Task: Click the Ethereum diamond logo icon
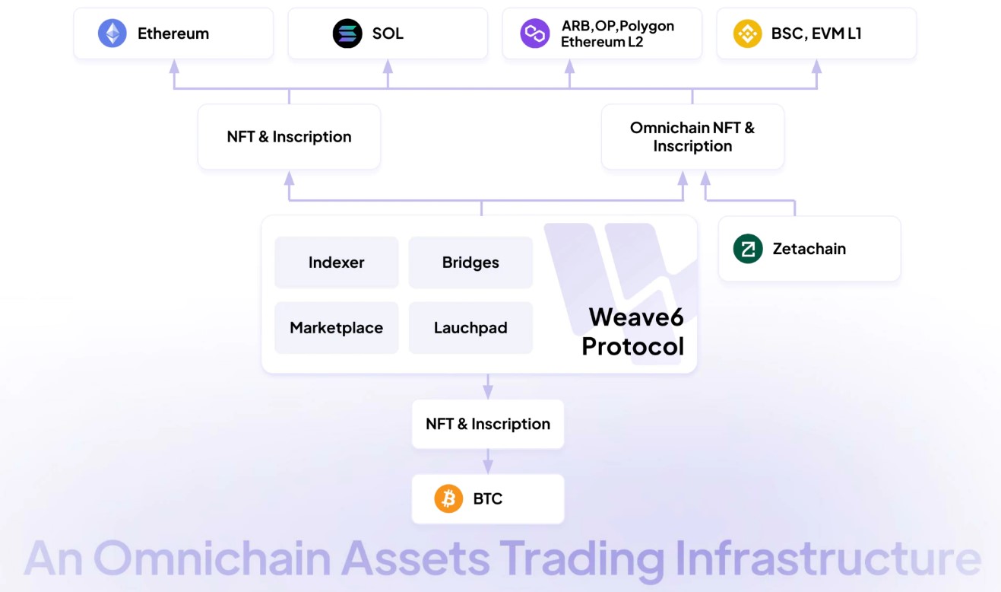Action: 112,33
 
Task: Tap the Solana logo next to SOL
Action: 347,33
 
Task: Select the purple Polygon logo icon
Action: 534,33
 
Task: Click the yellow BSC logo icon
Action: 747,33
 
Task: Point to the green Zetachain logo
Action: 748,249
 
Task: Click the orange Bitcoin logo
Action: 448,499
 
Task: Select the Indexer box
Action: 336,263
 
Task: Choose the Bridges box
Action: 470,263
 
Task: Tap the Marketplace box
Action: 336,328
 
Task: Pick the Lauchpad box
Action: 470,328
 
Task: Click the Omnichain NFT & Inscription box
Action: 692,137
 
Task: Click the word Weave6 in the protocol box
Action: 636,317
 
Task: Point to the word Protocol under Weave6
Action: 632,346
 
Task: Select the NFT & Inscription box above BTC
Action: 488,424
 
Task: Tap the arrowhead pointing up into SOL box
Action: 388,66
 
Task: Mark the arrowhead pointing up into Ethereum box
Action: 174,66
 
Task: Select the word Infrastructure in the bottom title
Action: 828,559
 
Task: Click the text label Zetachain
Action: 809,249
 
